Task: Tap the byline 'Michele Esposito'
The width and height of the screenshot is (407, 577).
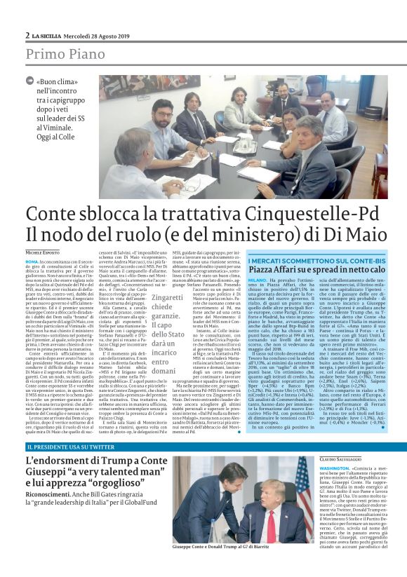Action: (44, 251)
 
